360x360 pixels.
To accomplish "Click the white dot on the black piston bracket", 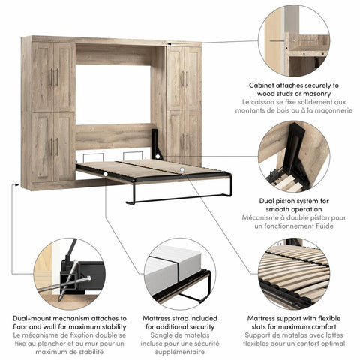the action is (x=157, y=157).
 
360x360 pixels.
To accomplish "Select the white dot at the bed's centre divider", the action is (x=182, y=169).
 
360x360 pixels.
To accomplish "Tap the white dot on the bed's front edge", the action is (x=106, y=174).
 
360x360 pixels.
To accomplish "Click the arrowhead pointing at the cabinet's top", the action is (x=169, y=43).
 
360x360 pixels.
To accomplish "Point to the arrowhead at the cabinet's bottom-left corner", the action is (x=17, y=185).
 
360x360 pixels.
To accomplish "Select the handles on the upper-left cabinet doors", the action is (x=54, y=77).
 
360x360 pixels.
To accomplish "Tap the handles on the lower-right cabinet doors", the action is (x=185, y=142).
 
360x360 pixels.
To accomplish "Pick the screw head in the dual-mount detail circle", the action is (x=88, y=277).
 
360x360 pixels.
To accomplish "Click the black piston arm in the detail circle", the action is (x=296, y=150).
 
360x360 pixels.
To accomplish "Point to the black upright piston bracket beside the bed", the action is (x=157, y=145).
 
